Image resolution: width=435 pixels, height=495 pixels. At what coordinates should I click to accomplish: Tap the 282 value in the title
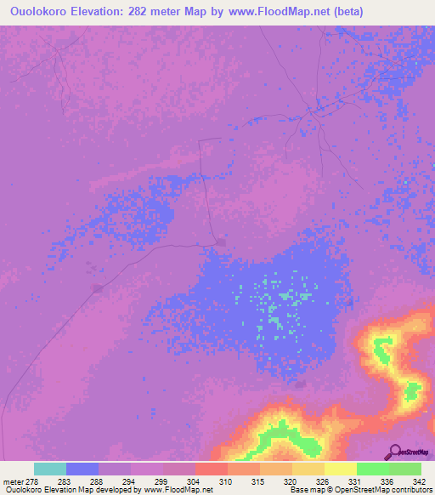click(154, 12)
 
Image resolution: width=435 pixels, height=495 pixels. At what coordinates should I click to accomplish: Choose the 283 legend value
click(65, 481)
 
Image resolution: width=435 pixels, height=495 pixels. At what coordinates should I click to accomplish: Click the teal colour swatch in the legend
click(50, 469)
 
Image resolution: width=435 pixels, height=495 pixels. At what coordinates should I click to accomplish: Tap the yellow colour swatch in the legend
click(340, 469)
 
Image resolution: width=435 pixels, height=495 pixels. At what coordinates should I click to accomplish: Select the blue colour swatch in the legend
click(82, 469)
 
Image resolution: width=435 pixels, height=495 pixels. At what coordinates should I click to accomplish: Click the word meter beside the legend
click(12, 481)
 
